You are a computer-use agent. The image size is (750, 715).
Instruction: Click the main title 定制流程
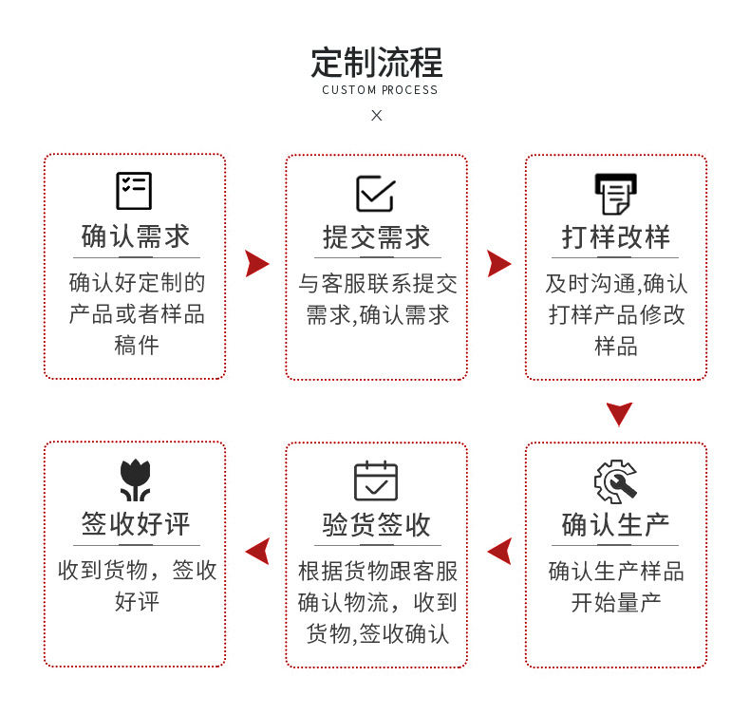377,62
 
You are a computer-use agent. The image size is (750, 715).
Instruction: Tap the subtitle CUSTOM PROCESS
380,90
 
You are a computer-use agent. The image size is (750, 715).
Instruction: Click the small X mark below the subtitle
377,115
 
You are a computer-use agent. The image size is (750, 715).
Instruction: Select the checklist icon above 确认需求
134,191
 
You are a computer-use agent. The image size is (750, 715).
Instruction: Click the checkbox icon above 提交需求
376,193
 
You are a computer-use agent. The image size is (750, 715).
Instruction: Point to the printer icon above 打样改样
616,194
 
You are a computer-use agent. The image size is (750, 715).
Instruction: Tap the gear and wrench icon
615,481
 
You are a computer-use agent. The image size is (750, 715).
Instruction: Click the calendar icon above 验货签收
376,480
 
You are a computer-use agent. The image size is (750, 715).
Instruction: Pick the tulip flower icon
135,480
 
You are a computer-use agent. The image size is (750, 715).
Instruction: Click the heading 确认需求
136,236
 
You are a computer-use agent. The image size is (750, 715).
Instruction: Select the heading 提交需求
377,237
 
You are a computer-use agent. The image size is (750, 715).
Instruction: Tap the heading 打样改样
616,236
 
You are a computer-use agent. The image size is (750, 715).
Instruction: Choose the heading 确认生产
615,525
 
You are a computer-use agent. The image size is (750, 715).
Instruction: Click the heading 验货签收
377,525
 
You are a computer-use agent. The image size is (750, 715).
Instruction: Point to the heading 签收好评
136,524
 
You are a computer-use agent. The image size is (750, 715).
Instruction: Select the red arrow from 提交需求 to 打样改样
497,264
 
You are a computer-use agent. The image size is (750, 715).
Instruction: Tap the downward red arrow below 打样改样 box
619,412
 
